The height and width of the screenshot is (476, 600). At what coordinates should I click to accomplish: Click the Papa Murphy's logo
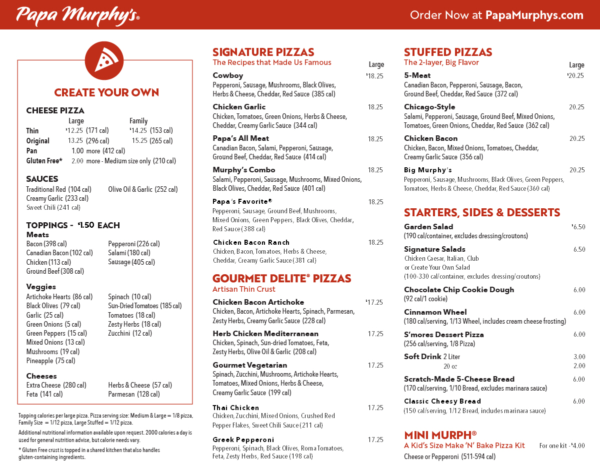click(77, 15)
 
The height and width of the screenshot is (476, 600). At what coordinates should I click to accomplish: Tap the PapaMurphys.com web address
click(534, 15)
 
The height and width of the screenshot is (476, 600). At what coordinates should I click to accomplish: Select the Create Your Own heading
click(106, 92)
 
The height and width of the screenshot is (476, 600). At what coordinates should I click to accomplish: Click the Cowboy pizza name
click(227, 75)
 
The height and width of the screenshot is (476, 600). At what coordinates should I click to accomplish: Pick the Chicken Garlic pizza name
click(239, 107)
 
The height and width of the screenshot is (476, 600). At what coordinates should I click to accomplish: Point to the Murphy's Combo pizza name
click(244, 170)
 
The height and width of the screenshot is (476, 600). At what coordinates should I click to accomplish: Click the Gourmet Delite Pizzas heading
click(281, 278)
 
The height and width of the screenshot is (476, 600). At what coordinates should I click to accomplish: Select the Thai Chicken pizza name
click(235, 408)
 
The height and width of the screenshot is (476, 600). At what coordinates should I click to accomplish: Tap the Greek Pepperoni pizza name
click(243, 440)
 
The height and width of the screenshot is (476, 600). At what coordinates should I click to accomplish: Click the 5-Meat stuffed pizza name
click(417, 75)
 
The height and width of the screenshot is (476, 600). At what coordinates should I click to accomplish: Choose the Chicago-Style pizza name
click(429, 107)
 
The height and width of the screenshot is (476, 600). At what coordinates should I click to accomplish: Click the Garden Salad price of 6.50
click(578, 227)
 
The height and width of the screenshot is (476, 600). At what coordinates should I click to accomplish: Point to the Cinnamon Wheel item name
click(435, 312)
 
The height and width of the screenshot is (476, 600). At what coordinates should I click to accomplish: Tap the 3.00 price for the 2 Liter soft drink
click(579, 357)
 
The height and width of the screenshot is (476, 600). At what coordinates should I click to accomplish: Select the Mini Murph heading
click(439, 435)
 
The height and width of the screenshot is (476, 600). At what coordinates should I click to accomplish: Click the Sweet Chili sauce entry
click(53, 208)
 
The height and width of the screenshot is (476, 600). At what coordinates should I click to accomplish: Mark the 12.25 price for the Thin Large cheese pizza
click(74, 131)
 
